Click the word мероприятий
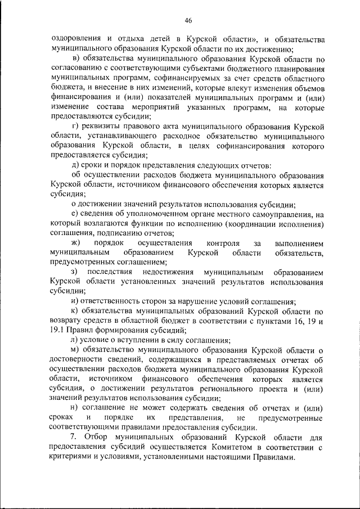tap(193, 107)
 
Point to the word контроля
tap(223, 243)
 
